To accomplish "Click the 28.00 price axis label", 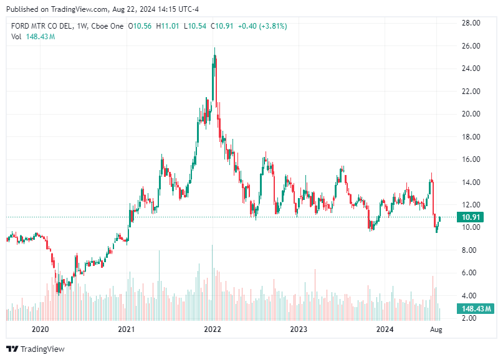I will pyautogui.click(x=470, y=23).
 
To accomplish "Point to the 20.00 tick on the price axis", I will pyautogui.click(x=470, y=114).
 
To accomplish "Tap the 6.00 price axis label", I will pyautogui.click(x=470, y=273).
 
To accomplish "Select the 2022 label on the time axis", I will pyautogui.click(x=213, y=329).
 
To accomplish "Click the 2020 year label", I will pyautogui.click(x=40, y=329).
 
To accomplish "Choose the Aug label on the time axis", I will pyautogui.click(x=436, y=329).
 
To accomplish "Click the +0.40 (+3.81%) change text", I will pyautogui.click(x=262, y=26).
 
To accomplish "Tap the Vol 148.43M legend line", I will pyautogui.click(x=33, y=37).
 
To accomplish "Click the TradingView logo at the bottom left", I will pyautogui.click(x=36, y=349).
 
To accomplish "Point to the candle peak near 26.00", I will pyautogui.click(x=215, y=49).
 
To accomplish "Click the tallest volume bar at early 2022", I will pyautogui.click(x=212, y=280).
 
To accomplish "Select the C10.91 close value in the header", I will pyautogui.click(x=222, y=26).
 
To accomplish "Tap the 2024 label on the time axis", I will pyautogui.click(x=385, y=329).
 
